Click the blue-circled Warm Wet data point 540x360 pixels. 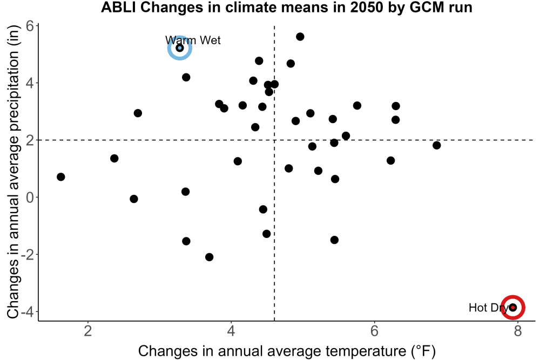tap(180, 48)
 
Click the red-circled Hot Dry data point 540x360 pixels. tap(513, 307)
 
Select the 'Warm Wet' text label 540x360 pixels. tap(193, 40)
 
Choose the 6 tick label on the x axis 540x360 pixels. tap(374, 331)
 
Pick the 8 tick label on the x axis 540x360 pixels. tap(518, 331)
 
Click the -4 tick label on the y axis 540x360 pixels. tap(27, 312)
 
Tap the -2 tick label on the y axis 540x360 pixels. tap(27, 255)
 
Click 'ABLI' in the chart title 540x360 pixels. tap(119, 8)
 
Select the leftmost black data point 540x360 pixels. tap(61, 177)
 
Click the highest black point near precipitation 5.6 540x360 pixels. tap(300, 37)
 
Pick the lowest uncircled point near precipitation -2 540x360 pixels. tap(209, 257)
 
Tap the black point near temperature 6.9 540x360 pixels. tap(437, 145)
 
